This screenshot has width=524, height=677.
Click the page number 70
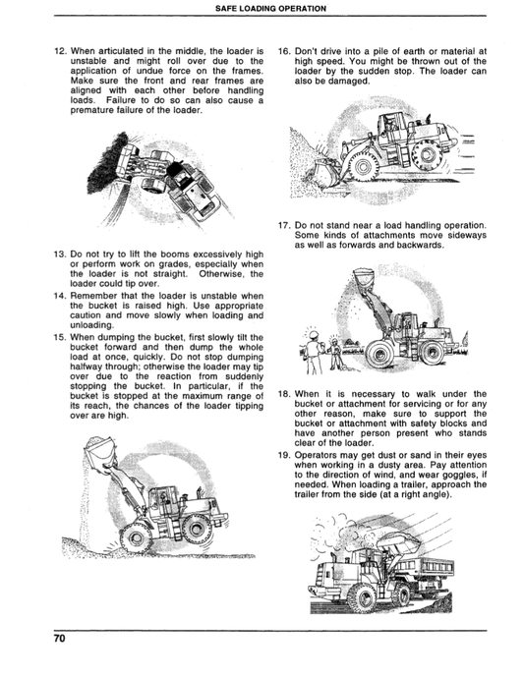[x=60, y=640]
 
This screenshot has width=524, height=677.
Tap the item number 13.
[x=60, y=254]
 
